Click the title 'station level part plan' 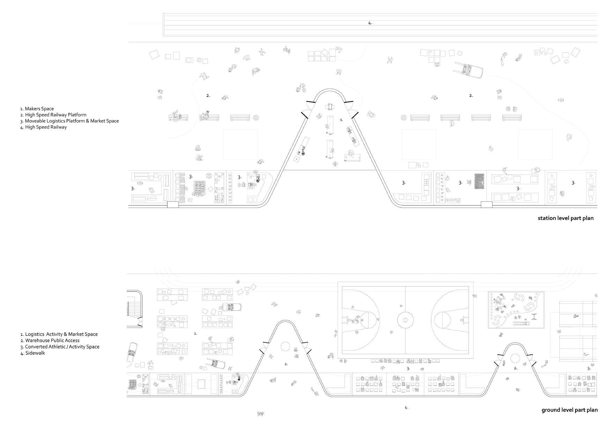point(565,218)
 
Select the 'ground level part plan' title point(569,410)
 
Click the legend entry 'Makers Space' point(37,109)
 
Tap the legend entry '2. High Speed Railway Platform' point(53,115)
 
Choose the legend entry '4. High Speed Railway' point(43,127)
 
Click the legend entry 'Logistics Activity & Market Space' point(59,334)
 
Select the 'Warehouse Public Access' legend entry point(50,341)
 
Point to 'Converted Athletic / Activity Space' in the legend point(60,347)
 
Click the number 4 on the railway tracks point(370,23)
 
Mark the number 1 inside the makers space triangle point(341,120)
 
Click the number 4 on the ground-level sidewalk point(406,408)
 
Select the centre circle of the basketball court point(405,320)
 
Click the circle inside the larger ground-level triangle point(285,347)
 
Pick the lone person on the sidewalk point(260,414)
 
